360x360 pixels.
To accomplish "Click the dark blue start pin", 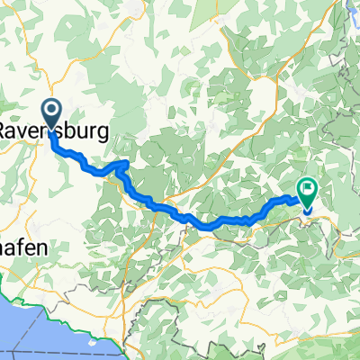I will click(51, 112).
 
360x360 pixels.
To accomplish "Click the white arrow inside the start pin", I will click(51, 112).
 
